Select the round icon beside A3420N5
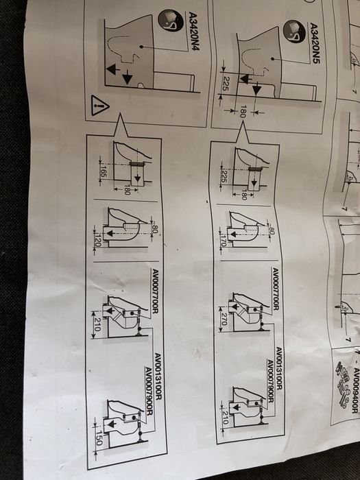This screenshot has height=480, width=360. pyautogui.click(x=292, y=31)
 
